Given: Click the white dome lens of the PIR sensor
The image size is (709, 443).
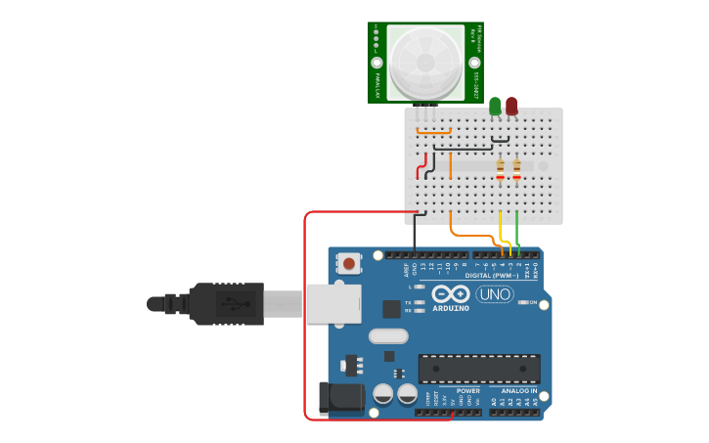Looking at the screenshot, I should tap(425, 62).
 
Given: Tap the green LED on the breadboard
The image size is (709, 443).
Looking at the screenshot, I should tap(495, 105).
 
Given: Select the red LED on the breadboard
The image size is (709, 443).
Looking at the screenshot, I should tap(511, 105).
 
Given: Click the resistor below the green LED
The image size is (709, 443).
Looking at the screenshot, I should tap(500, 171).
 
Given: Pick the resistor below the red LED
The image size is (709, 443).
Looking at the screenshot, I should tap(516, 171).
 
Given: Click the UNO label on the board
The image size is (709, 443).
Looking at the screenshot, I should tap(495, 294).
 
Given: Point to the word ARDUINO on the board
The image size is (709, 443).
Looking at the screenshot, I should tap(450, 308).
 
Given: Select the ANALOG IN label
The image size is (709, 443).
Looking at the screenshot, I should tap(519, 391).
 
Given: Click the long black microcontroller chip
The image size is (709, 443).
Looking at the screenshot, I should tap(479, 369).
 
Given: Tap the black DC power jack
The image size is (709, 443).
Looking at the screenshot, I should tap(341, 399).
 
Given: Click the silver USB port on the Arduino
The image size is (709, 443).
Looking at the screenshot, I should tap(333, 303).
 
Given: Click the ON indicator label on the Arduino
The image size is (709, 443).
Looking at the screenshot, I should tap(534, 302).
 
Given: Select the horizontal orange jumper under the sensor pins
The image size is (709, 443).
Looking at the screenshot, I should tap(433, 131).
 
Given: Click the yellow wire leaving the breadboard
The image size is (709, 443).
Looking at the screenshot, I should tap(501, 230).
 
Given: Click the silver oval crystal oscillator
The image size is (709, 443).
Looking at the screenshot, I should tap(388, 336).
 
